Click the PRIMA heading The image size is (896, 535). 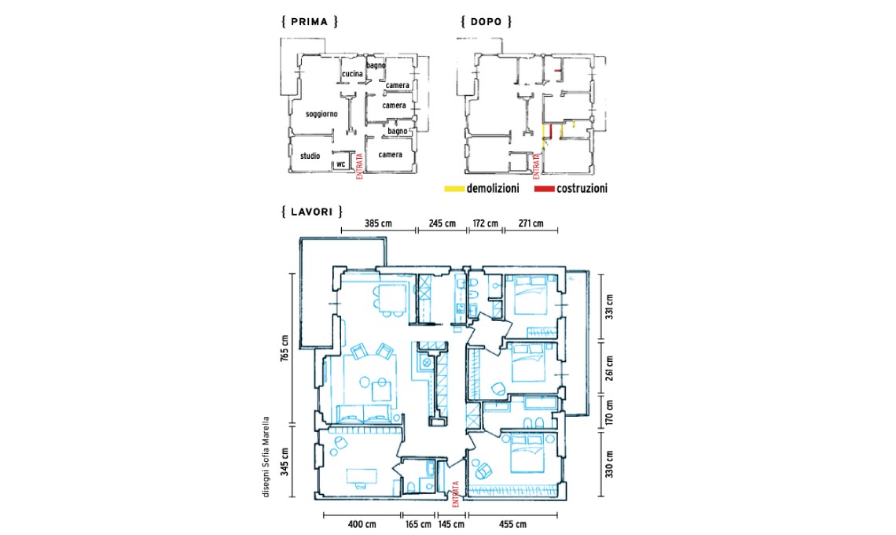coord(309,22)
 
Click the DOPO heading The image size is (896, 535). coord(487,22)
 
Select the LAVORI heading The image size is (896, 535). coord(311,212)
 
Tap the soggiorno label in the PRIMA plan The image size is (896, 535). coord(321,114)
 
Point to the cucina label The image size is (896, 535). coord(352,74)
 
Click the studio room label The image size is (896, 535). coord(310,156)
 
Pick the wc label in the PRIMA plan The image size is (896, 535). coord(340,164)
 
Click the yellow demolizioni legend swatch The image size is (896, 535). coord(454,188)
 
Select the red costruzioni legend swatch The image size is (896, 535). coord(544,188)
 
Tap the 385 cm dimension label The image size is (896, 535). coord(378,223)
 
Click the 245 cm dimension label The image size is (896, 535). coord(442,223)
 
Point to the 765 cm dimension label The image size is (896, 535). coord(285,348)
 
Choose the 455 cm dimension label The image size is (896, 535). coord(512,524)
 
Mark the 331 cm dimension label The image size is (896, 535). coord(609,307)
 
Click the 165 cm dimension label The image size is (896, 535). coord(418,524)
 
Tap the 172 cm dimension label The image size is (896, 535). coord(485,223)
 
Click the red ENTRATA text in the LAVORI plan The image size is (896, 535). coord(455,494)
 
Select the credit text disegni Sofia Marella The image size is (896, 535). coord(266,456)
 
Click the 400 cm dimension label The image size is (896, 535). coord(362,524)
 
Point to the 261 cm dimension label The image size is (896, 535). coord(609,368)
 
